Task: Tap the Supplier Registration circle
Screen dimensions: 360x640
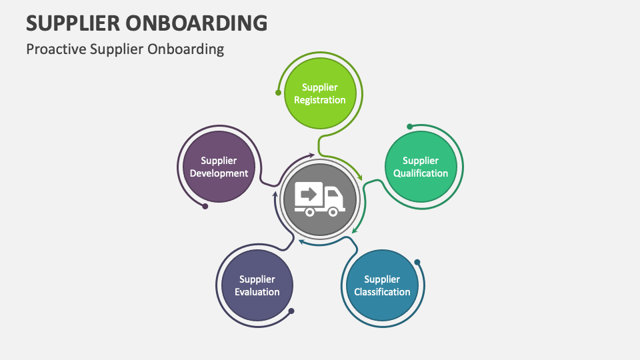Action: tap(320, 93)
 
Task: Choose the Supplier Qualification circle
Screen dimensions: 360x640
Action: tap(421, 167)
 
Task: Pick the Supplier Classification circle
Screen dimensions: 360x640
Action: tap(382, 285)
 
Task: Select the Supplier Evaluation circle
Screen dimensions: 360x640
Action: tap(257, 285)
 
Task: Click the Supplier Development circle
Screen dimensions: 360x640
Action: tap(219, 167)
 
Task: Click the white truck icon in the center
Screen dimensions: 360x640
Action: tap(320, 199)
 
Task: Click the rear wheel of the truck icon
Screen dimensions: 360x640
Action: tap(309, 211)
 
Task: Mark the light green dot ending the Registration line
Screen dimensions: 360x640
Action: tap(278, 92)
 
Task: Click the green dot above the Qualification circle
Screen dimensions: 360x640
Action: tap(410, 126)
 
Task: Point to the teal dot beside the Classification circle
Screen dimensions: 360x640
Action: tap(417, 262)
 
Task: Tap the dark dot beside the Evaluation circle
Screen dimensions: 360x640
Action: tap(291, 311)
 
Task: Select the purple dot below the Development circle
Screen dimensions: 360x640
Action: tap(205, 206)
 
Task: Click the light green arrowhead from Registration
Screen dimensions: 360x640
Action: tap(361, 178)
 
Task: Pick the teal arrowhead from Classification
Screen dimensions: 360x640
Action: tap(301, 242)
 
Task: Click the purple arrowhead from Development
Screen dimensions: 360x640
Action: tap(311, 155)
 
